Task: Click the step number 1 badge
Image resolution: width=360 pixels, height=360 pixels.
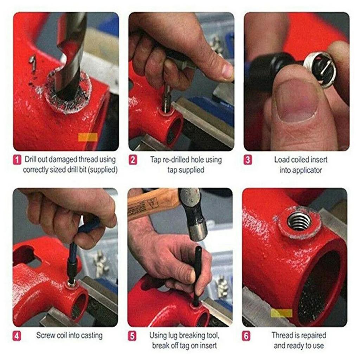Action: click(18, 160)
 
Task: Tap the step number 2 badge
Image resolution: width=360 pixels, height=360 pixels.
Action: click(133, 160)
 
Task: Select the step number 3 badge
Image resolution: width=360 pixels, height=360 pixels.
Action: click(248, 160)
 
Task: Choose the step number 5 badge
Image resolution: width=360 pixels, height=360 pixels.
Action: click(132, 336)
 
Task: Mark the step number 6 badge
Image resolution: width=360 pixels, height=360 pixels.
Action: click(246, 336)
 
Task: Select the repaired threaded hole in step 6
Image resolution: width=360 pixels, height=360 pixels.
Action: click(299, 221)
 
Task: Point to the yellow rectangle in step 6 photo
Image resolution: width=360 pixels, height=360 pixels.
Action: click(282, 313)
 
